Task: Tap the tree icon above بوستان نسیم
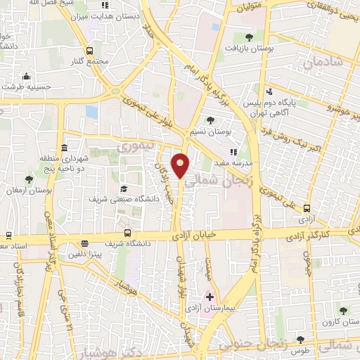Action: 210,120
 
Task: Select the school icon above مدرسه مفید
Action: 233,151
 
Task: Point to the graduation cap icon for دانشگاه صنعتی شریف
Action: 123,188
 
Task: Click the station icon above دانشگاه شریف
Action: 127,233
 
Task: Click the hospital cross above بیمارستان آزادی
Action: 210,297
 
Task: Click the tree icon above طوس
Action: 300,339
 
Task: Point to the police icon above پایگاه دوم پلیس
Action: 269,91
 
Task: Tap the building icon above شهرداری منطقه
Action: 64,148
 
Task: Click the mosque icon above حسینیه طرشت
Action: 26,76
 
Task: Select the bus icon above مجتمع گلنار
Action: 89,51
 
